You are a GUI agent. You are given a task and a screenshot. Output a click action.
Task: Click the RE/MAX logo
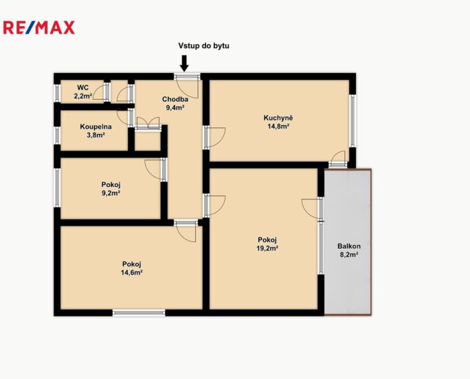[x=38, y=28]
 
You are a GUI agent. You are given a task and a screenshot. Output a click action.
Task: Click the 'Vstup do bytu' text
[x=204, y=45]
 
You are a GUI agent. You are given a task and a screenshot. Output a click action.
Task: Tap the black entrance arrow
[x=184, y=63]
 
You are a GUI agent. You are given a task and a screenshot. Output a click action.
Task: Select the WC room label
[x=82, y=87]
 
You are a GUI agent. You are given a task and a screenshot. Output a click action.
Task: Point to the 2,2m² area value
[x=83, y=96]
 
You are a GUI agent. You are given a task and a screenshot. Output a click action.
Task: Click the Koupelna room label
[x=96, y=127]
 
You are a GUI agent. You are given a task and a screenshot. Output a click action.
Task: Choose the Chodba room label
[x=175, y=99]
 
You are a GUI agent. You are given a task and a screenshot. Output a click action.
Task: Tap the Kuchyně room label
[x=278, y=118]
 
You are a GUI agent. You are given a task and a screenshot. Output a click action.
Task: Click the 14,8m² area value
[x=278, y=126]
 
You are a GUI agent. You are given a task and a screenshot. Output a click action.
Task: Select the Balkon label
[x=349, y=246]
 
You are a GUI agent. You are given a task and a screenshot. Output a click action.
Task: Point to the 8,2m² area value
[x=349, y=255]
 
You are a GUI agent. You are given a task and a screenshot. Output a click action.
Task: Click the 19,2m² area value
[x=267, y=248]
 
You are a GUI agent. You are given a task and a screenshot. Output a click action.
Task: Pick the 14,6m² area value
[x=132, y=272]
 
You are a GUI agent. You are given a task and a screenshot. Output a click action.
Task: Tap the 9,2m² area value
[x=111, y=193]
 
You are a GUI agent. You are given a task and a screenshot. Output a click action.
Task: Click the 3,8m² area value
[x=96, y=135]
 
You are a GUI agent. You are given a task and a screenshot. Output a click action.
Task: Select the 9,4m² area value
[x=175, y=107]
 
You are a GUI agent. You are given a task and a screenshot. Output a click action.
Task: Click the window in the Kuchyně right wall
[x=352, y=120]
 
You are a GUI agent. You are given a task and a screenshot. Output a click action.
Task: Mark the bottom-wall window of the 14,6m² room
[x=139, y=312]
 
